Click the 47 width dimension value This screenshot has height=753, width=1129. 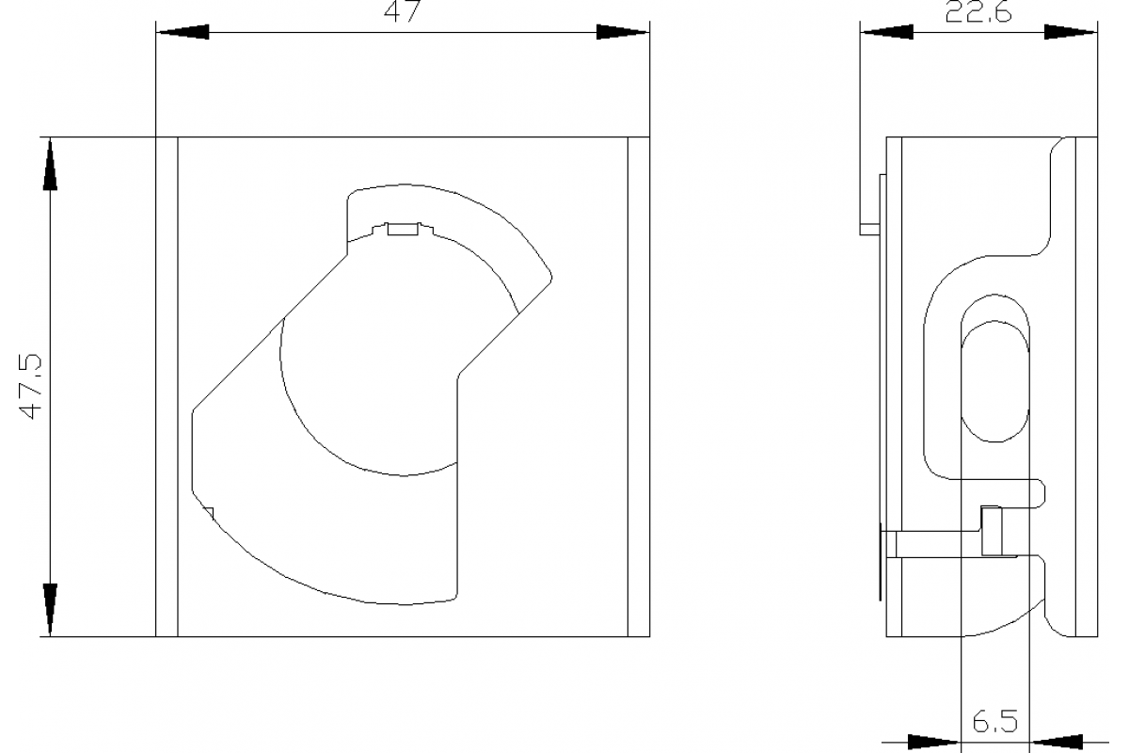[x=402, y=11]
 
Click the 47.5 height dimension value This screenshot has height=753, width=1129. [x=30, y=387]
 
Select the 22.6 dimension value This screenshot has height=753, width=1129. [x=978, y=12]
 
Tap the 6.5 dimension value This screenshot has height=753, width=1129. [x=995, y=721]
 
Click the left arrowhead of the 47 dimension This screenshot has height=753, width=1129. [x=183, y=32]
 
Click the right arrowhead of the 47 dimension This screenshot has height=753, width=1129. [x=623, y=32]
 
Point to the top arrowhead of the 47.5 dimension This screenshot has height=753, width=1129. [x=50, y=165]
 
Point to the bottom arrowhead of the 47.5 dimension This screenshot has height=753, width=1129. [x=50, y=610]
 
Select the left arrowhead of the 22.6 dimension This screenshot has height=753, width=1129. [x=887, y=32]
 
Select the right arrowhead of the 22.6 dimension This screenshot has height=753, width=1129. [x=1071, y=32]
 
